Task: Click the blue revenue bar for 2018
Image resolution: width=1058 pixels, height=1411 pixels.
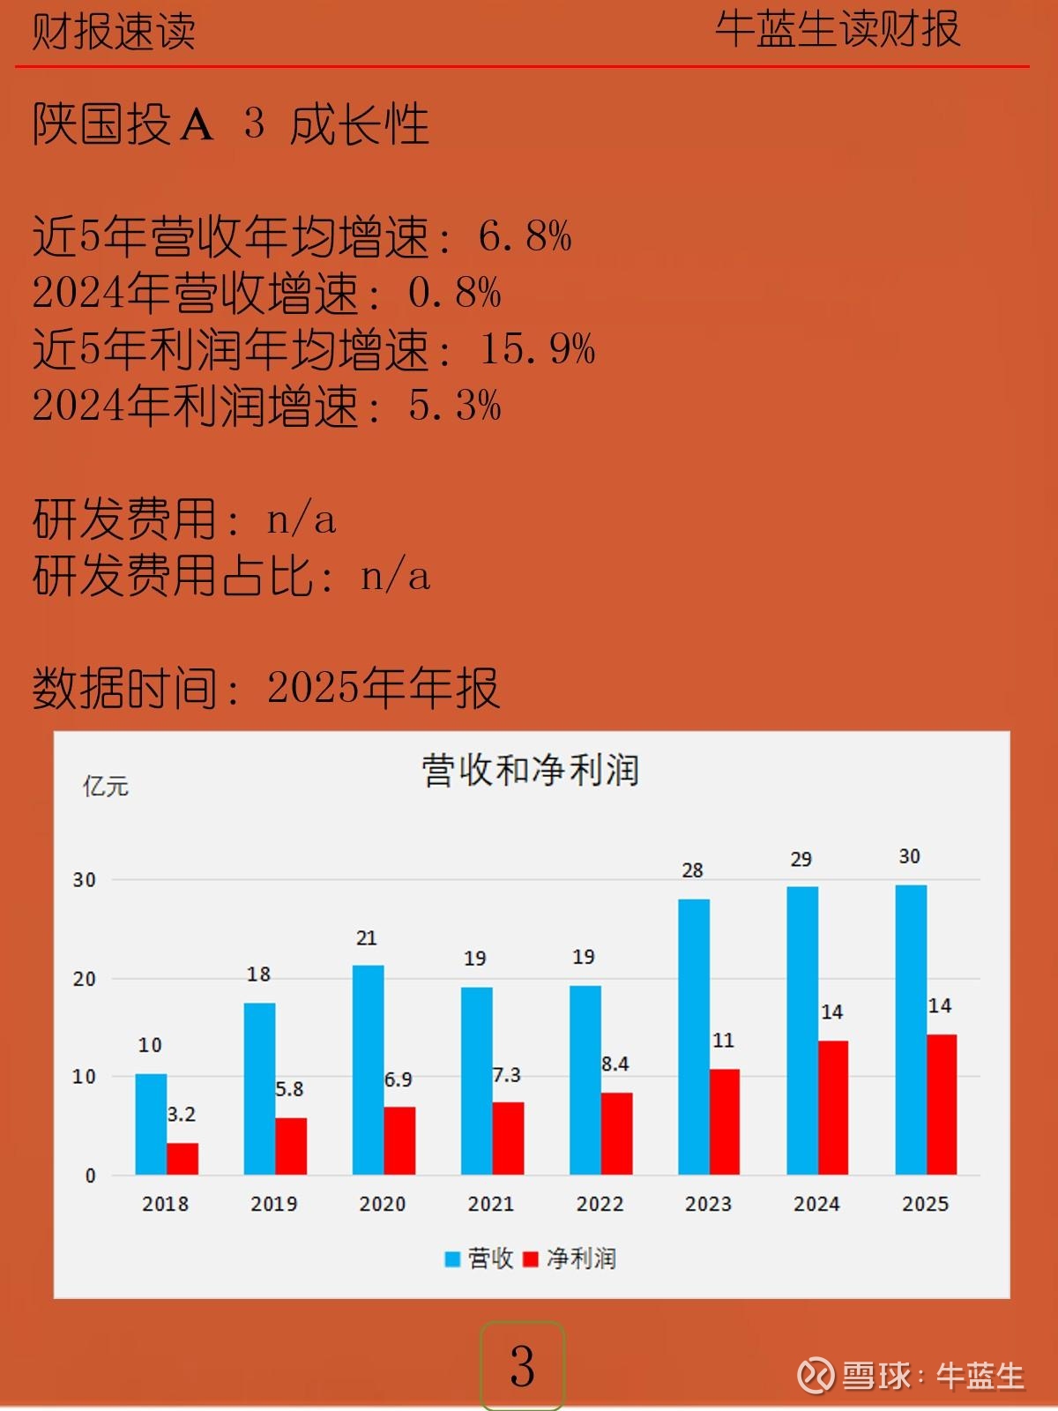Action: coord(151,1124)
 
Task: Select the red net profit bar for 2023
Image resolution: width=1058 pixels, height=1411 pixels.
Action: coord(725,1122)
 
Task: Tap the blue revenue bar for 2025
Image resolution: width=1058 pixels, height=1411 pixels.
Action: coord(911,1030)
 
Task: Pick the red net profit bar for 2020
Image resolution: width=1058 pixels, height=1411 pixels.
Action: coord(399,1140)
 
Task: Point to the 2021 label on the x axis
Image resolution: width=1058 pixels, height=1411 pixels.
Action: coord(491,1204)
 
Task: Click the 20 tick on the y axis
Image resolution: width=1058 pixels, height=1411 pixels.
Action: coord(85,979)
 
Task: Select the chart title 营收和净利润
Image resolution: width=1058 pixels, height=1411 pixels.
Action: coord(530,770)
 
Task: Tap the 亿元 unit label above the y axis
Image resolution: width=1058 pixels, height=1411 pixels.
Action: coord(106,786)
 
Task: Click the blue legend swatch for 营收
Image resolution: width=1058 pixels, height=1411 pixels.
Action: coord(453,1258)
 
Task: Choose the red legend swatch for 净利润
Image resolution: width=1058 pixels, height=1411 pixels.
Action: coord(531,1258)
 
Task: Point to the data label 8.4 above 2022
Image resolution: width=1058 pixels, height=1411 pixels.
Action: coord(615,1064)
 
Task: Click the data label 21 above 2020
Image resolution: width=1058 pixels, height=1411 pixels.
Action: coord(367,938)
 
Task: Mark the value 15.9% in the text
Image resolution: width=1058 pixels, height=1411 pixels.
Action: coord(537,349)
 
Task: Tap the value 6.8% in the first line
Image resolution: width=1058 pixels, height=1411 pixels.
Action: coord(525,236)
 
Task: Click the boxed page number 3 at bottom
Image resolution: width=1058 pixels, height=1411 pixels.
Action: coord(522,1366)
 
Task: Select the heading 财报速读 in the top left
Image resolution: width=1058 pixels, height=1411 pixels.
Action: coord(114,32)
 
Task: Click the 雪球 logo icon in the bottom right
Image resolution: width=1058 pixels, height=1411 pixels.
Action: coord(816,1375)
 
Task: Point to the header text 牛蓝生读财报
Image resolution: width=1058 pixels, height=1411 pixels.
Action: coord(837,29)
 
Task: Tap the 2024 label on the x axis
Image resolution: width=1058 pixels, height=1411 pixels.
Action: coord(816,1204)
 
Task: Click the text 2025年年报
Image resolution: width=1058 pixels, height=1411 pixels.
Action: coord(384,688)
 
